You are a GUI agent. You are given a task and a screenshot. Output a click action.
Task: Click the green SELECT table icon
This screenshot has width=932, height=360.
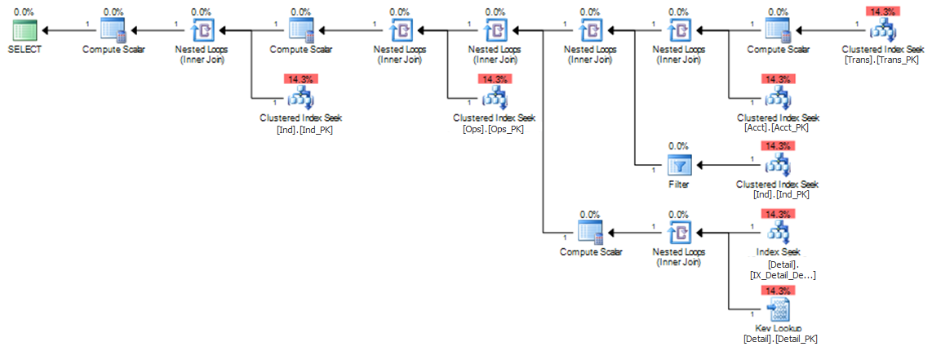click(x=24, y=30)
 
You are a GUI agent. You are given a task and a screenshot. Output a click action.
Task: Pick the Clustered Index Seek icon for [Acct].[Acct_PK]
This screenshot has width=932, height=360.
click(x=777, y=98)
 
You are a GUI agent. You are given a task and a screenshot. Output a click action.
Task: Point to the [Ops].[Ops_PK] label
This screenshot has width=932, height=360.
click(x=494, y=129)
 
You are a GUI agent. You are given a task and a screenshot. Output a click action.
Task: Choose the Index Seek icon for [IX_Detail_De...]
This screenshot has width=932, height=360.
click(x=777, y=233)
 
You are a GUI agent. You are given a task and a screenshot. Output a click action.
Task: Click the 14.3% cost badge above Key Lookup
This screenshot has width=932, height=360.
click(x=777, y=290)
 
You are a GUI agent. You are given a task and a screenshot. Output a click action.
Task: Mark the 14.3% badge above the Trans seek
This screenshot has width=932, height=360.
click(x=882, y=11)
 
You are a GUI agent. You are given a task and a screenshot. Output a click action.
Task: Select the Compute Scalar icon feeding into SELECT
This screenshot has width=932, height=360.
click(x=110, y=30)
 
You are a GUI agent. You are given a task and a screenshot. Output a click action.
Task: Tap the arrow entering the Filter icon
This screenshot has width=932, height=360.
click(x=714, y=164)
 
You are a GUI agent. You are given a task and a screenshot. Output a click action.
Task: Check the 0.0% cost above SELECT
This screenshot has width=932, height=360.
click(x=24, y=11)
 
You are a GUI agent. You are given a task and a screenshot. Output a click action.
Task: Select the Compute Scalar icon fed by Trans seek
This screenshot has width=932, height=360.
click(x=777, y=30)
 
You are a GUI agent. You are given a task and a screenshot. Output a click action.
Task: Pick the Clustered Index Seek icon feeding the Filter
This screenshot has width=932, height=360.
click(x=777, y=165)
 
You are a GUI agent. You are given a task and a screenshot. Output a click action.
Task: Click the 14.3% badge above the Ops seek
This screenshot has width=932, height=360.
click(x=494, y=79)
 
